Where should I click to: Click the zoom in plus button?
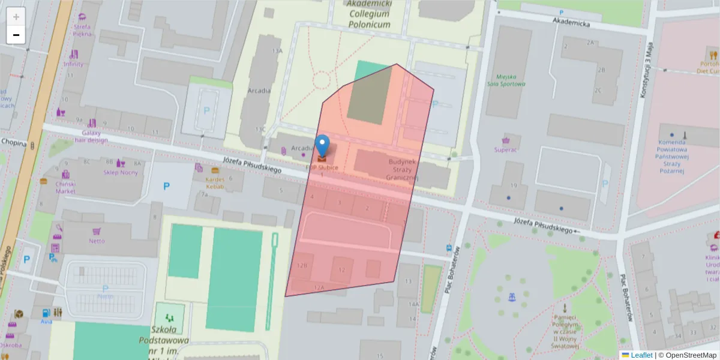coord(16,17)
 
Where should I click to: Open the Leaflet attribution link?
coord(641,355)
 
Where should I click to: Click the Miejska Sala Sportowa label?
coord(507,80)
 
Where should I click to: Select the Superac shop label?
coord(505,149)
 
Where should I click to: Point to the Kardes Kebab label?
coord(215,182)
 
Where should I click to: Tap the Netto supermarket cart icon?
coord(96,231)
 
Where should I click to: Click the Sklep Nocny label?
coord(121,172)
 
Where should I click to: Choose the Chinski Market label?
coord(65,187)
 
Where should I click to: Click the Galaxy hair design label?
coord(91,136)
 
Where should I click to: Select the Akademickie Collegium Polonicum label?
coord(368,14)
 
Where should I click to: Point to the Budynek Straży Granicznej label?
coord(401,170)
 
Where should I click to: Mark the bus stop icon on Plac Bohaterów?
coord(449,248)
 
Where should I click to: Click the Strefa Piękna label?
coord(82,30)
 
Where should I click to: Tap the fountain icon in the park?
coord(511,296)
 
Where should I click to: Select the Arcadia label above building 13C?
coord(259,91)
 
